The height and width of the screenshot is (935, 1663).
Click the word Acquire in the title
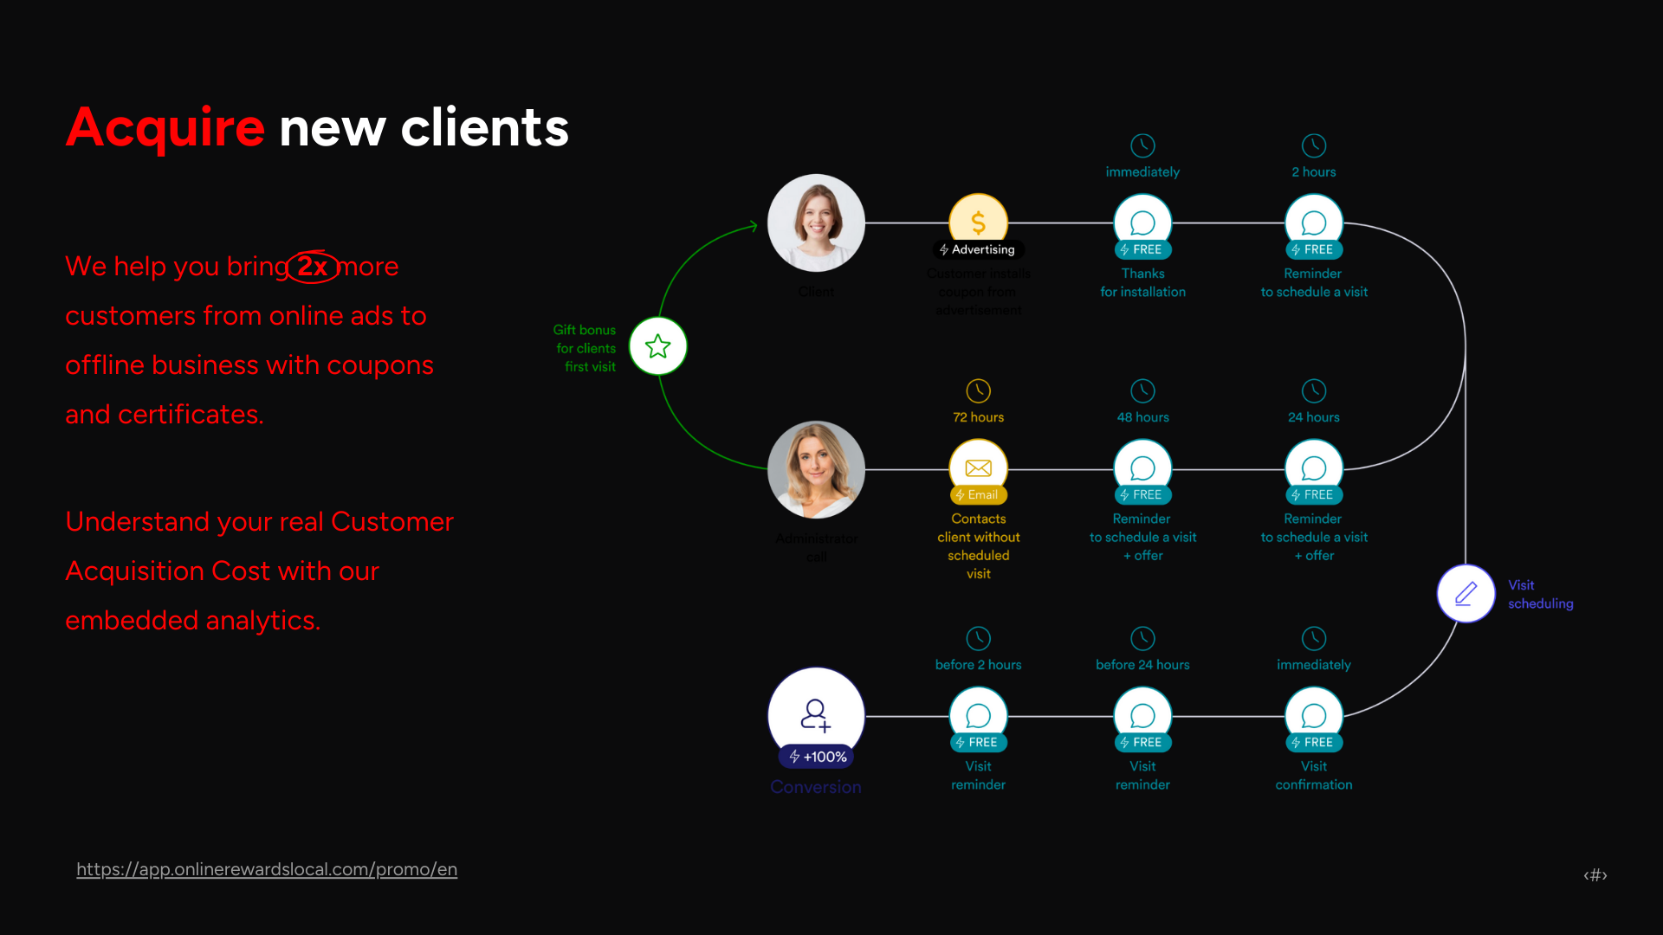pos(165,127)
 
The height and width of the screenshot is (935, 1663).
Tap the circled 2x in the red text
pos(313,267)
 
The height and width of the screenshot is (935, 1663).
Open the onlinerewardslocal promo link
pos(267,869)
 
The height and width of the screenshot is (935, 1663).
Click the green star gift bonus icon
pos(658,346)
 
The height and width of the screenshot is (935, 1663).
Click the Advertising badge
pos(978,249)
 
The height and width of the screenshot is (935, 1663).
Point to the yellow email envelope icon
pos(978,467)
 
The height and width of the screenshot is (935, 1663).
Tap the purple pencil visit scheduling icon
pos(1466,593)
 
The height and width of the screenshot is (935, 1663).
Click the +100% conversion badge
pos(817,757)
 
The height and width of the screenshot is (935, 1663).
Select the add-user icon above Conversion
pos(815,714)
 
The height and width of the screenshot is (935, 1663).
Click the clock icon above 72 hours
pos(978,390)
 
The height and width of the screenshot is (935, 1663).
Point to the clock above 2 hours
pos(1314,145)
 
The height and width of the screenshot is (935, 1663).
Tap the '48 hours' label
pos(1142,417)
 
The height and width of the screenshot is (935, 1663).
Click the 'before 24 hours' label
pos(1142,665)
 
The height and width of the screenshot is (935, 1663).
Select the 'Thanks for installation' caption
pos(1142,283)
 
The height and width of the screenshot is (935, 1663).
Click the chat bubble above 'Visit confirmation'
pos(1314,715)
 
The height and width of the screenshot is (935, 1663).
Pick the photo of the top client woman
pos(816,222)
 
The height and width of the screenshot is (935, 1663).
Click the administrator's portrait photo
pos(816,469)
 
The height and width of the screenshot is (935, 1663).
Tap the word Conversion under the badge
pos(815,787)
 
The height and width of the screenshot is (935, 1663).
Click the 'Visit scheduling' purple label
pos(1540,594)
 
